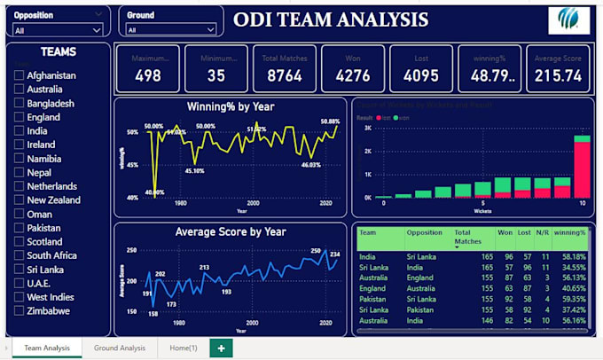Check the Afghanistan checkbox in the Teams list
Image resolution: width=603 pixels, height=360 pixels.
pyautogui.click(x=19, y=76)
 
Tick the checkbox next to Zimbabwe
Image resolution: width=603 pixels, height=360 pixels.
pyautogui.click(x=19, y=311)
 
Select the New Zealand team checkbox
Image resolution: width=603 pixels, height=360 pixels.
pyautogui.click(x=19, y=200)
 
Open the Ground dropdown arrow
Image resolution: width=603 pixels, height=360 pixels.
pyautogui.click(x=210, y=30)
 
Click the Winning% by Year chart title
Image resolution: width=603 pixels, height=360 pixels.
pyautogui.click(x=230, y=106)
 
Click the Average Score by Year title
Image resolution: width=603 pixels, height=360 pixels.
pyautogui.click(x=230, y=232)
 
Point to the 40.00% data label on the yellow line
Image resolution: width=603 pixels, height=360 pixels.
pyautogui.click(x=154, y=192)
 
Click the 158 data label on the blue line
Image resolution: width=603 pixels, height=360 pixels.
pyautogui.click(x=153, y=314)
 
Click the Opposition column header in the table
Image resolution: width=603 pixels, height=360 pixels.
pyautogui.click(x=424, y=232)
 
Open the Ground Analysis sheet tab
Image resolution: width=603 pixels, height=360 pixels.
pyautogui.click(x=119, y=348)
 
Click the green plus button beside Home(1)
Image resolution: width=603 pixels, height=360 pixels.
pyautogui.click(x=220, y=348)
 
